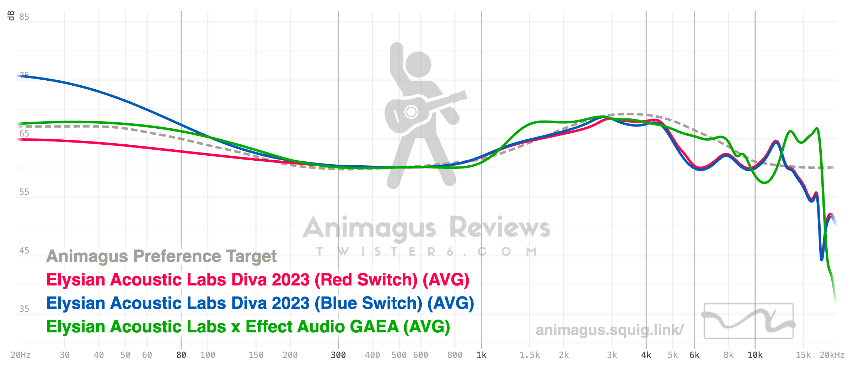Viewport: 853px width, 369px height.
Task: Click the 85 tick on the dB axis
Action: [24, 17]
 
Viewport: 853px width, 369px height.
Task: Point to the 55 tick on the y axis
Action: [24, 192]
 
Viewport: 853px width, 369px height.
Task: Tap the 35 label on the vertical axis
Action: [24, 309]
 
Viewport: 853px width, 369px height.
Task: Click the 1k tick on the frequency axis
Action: [481, 355]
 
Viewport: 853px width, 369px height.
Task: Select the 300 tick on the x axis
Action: [338, 355]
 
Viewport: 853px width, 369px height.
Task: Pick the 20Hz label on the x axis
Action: [21, 355]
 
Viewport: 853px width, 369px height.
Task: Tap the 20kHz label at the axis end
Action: [832, 355]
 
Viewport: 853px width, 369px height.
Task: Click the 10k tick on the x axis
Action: [755, 355]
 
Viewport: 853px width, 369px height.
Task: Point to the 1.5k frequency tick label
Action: [530, 355]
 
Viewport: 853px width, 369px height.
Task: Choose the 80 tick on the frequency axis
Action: [181, 355]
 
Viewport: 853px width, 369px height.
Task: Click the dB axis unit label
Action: [11, 16]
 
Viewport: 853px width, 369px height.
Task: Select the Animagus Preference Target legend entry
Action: [161, 256]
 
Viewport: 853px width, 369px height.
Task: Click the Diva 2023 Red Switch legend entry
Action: [258, 280]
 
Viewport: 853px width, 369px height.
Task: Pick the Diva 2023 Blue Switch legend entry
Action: [260, 303]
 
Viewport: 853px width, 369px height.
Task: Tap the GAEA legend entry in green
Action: [248, 327]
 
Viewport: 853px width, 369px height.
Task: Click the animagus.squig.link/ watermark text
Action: [610, 330]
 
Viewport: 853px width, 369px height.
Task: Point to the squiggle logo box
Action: [749, 321]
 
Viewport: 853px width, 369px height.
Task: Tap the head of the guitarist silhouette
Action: [418, 64]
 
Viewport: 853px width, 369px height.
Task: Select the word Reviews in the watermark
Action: [500, 228]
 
